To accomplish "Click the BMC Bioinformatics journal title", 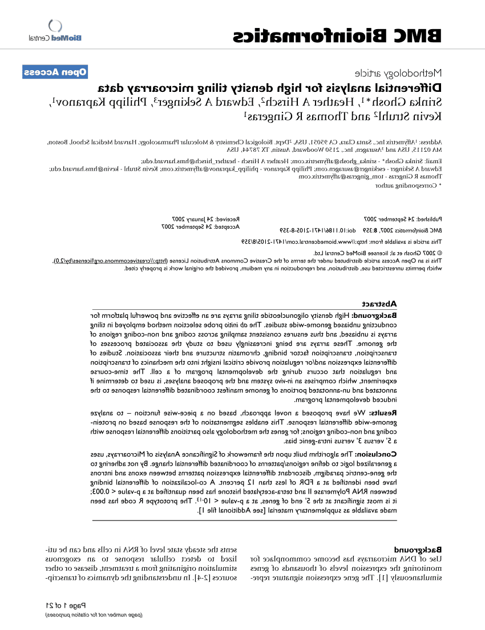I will coord(337,37).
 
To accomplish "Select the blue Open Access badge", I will coord(55,72).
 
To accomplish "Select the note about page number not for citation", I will coord(94,615).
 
